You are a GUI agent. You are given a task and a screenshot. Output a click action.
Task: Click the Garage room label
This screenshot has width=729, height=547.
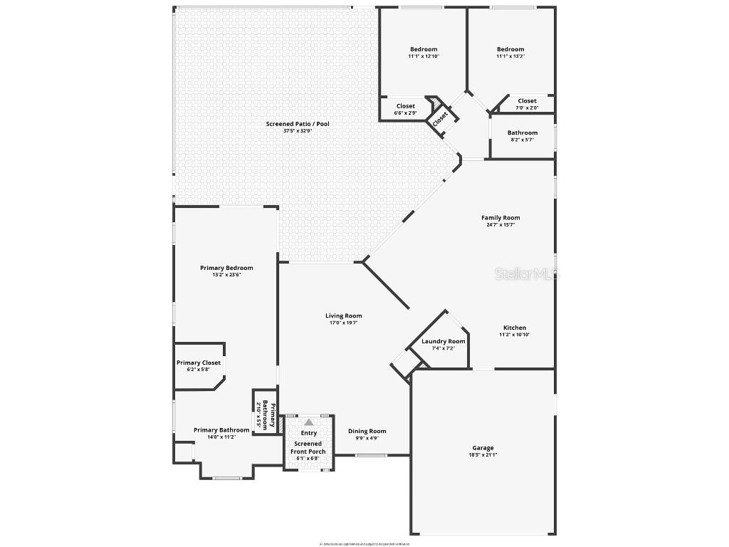[483, 448]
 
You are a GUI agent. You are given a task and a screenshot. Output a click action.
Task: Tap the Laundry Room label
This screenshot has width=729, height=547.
[443, 341]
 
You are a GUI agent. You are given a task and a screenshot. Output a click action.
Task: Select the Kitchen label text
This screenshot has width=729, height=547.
[515, 328]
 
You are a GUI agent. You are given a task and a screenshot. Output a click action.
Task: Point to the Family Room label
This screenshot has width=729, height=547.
[500, 218]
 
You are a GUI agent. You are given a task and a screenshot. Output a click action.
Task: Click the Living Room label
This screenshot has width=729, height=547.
[343, 316]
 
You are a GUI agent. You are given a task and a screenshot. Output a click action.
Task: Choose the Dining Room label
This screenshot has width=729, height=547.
[367, 431]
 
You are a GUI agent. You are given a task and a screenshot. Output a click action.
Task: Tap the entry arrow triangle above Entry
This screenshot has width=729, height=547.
[309, 422]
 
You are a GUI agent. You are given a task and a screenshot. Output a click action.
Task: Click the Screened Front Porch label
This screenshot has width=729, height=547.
[308, 447]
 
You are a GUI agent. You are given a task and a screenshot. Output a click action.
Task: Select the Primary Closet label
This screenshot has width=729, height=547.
[199, 363]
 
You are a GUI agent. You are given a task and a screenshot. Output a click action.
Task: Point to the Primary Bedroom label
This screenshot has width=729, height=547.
[226, 268]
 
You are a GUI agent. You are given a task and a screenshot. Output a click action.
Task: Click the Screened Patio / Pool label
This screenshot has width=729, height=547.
[298, 124]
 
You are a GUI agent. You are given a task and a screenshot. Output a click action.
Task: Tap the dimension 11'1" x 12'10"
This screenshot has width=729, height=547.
[424, 56]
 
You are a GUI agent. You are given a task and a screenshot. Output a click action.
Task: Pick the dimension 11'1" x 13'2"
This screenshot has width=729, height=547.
[510, 56]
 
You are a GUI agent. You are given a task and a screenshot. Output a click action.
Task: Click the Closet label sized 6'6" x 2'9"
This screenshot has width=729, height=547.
[406, 106]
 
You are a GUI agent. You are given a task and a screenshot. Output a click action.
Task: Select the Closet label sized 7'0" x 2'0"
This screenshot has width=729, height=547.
[527, 101]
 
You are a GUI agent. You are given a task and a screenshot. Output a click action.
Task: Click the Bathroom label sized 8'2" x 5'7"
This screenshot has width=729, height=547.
[522, 132]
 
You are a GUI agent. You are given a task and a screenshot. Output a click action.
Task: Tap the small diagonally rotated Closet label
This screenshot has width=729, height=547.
[440, 118]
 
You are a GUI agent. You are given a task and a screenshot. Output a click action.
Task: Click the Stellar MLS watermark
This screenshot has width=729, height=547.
[527, 273]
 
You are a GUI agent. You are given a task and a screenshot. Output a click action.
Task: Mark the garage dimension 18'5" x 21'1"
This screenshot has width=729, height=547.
[483, 454]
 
